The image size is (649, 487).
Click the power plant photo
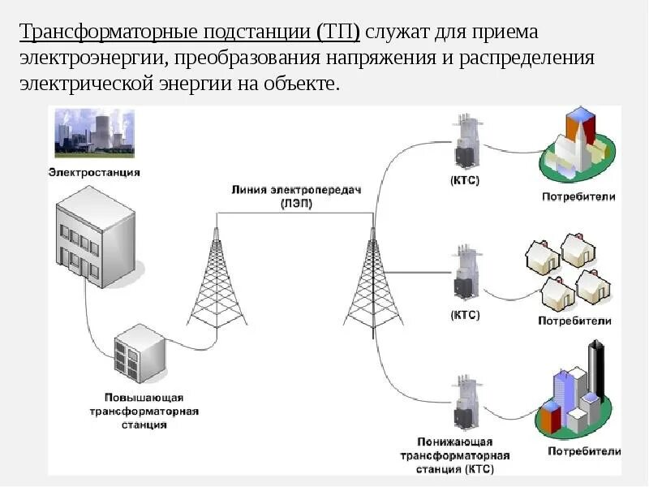(x=93, y=134)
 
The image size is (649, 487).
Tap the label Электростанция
(x=94, y=172)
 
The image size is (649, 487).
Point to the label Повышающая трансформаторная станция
(x=144, y=411)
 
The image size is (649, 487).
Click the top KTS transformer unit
(x=465, y=142)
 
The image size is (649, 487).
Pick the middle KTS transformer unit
(x=465, y=272)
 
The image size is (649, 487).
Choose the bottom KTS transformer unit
(x=465, y=402)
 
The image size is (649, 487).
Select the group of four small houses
(x=567, y=272)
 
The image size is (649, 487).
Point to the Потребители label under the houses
(x=574, y=321)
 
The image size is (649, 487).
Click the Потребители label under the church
(x=578, y=196)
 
